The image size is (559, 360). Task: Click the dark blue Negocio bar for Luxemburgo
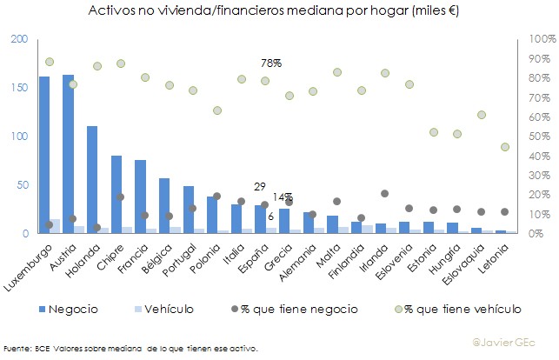tap(44, 157)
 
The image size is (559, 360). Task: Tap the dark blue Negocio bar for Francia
tap(140, 197)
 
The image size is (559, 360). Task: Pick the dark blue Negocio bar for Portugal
tap(188, 210)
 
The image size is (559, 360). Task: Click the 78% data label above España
tap(271, 63)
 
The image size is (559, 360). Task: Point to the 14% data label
tap(283, 197)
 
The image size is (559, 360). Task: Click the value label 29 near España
tap(259, 187)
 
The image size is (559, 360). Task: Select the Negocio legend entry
tap(72, 309)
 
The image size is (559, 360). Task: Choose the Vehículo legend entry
tap(168, 309)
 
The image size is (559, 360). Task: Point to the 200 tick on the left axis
tap(20, 40)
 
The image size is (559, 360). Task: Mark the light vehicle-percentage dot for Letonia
tap(504, 147)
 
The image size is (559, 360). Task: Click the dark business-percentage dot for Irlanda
tap(384, 193)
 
